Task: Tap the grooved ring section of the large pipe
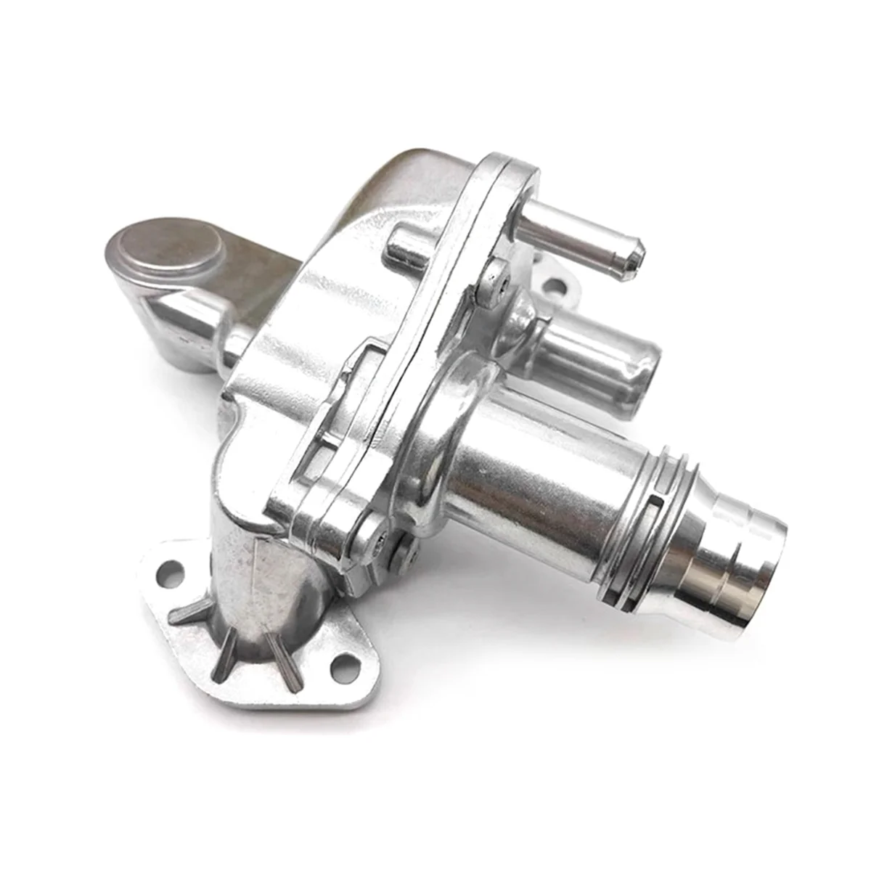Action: (653, 523)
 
